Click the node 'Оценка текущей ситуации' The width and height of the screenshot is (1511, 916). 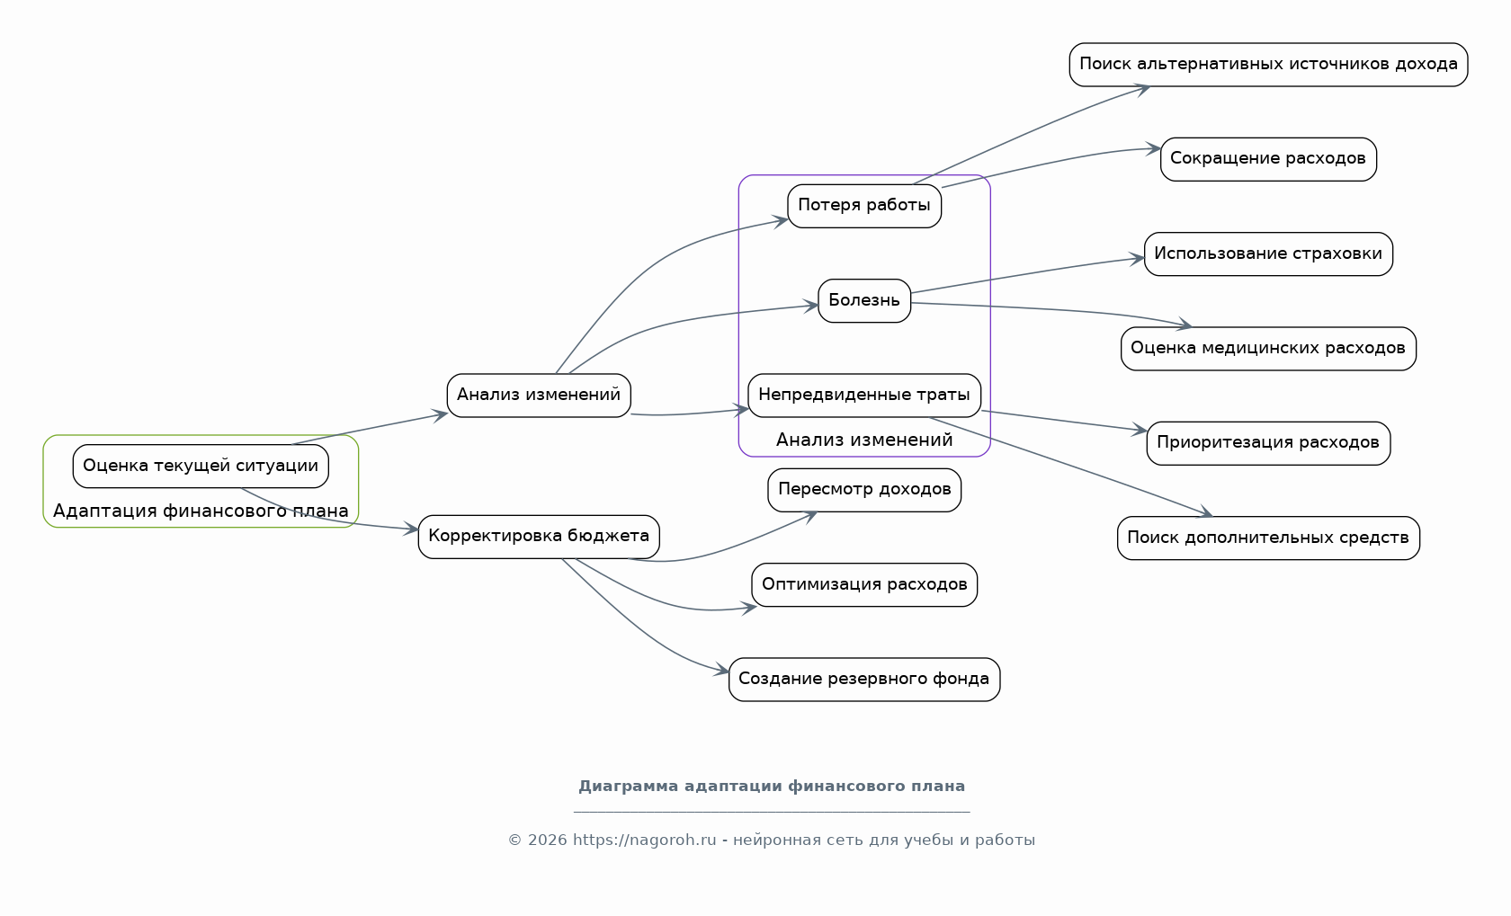pyautogui.click(x=201, y=466)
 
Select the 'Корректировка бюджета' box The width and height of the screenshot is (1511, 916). pyautogui.click(x=539, y=537)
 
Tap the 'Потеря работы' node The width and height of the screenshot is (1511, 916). pyautogui.click(x=864, y=206)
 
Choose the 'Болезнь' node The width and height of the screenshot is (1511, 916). pyautogui.click(x=864, y=300)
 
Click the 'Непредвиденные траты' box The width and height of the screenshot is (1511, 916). pyautogui.click(x=864, y=395)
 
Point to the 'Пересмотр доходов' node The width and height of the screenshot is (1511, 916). pyautogui.click(x=864, y=490)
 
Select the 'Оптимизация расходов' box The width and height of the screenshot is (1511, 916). pyautogui.click(x=864, y=584)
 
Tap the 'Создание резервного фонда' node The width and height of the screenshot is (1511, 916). pyautogui.click(x=864, y=680)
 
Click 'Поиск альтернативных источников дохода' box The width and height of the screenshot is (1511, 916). pyautogui.click(x=1268, y=65)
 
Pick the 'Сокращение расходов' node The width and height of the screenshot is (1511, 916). pyautogui.click(x=1268, y=159)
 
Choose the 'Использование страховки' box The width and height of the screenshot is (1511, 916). pyautogui.click(x=1268, y=254)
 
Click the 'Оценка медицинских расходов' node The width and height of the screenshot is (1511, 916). pyautogui.click(x=1268, y=349)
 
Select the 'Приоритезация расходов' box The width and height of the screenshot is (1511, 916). pyautogui.click(x=1268, y=443)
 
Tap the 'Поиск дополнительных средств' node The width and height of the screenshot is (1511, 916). pyautogui.click(x=1268, y=538)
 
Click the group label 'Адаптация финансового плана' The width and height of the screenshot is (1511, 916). pyautogui.click(x=201, y=511)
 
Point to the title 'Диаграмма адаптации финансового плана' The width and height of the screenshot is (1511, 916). pyautogui.click(x=772, y=786)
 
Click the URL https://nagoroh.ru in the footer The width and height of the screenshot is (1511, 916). pyautogui.click(x=644, y=840)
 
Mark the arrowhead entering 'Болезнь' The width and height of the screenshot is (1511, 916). pyautogui.click(x=811, y=306)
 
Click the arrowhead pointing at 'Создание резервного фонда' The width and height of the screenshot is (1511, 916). pyautogui.click(x=721, y=670)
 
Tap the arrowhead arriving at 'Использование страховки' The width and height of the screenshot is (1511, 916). pyautogui.click(x=1137, y=258)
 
